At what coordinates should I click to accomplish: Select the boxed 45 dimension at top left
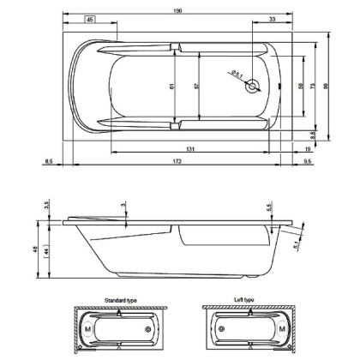(x=90, y=19)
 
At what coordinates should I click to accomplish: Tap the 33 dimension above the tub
(x=272, y=19)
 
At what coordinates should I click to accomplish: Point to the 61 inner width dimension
(x=171, y=85)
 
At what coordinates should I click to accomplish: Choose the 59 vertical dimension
(x=300, y=86)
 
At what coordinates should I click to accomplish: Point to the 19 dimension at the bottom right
(x=307, y=148)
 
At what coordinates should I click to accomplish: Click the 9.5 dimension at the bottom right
(x=306, y=161)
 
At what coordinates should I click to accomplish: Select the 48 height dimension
(x=36, y=249)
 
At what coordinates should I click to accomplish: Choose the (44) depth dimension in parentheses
(x=49, y=249)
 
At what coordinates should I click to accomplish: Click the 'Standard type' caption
(x=120, y=302)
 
